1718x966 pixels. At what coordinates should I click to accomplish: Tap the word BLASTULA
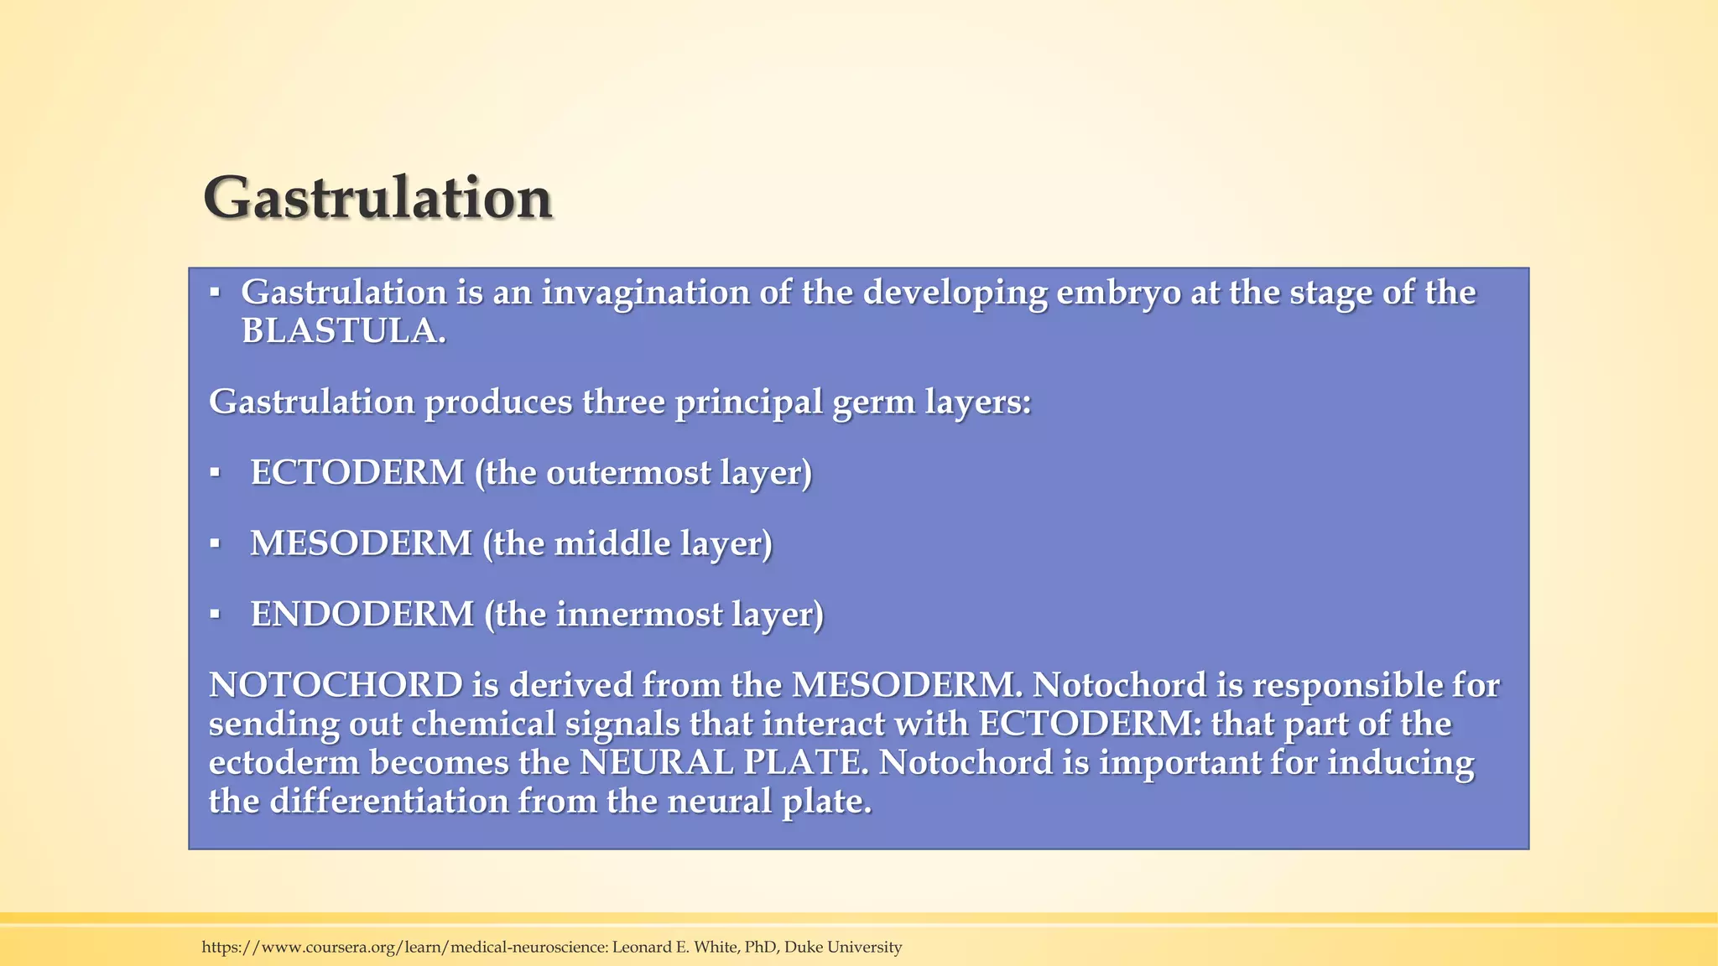click(342, 332)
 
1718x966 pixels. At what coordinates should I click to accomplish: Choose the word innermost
click(639, 615)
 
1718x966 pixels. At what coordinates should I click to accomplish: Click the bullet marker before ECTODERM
click(215, 473)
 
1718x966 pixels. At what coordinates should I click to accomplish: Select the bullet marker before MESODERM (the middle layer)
click(215, 544)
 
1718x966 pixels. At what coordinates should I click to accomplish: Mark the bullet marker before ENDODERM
click(215, 615)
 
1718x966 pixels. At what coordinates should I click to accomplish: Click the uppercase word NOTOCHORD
click(336, 685)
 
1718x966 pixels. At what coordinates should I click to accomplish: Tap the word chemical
click(484, 724)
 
